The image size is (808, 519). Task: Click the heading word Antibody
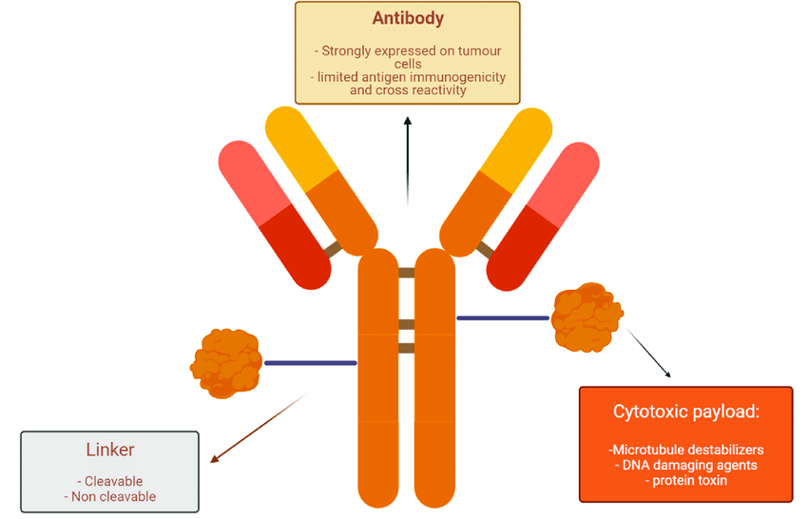(x=407, y=19)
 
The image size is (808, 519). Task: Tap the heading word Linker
(x=109, y=450)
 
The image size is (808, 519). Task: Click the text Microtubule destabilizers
(x=686, y=449)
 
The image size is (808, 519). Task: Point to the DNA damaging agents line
(x=685, y=465)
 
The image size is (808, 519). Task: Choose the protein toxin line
(x=685, y=480)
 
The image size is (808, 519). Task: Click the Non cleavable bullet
(x=109, y=495)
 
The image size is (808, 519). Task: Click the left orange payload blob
(x=226, y=362)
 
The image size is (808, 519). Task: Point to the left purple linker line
(x=310, y=362)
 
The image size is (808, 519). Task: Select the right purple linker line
(x=503, y=317)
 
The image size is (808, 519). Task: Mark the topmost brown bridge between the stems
(x=407, y=273)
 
